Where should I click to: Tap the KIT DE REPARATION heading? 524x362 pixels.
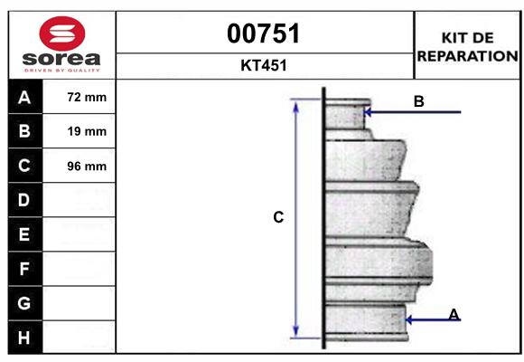[466, 46]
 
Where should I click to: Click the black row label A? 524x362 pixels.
[23, 98]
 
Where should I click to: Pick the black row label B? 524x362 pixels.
[23, 131]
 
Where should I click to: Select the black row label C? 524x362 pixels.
[23, 166]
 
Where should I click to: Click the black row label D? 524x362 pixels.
[23, 199]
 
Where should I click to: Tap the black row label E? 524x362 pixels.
[23, 234]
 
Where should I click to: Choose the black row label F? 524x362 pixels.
[23, 269]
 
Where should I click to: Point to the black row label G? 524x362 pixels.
[23, 303]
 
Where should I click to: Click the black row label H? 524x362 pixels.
[23, 338]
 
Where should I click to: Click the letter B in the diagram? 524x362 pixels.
[418, 101]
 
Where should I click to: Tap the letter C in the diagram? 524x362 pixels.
[279, 217]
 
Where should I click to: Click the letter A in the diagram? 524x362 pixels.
[454, 314]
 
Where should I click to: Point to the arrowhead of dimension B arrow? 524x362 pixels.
[366, 112]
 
